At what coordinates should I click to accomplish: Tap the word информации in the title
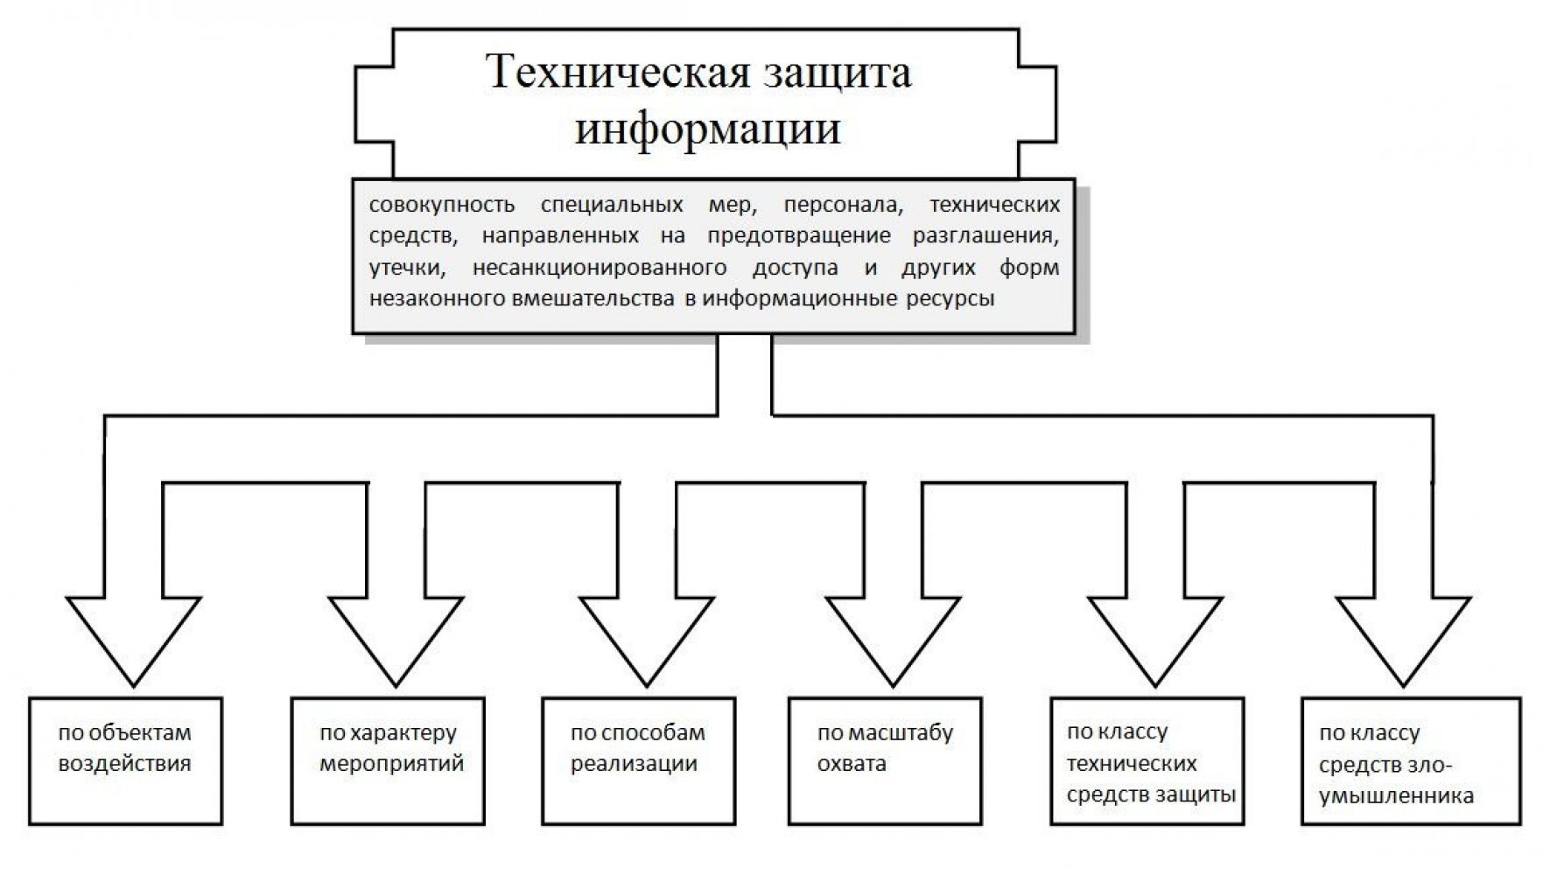[707, 129]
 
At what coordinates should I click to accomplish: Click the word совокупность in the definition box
[442, 206]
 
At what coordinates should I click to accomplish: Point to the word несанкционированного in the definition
[599, 268]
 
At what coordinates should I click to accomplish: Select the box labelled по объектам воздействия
[125, 760]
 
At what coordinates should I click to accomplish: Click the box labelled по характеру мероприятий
[388, 760]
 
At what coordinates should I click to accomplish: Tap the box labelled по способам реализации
[638, 760]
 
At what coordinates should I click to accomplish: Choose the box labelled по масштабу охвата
[885, 760]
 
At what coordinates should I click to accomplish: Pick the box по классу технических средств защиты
[1147, 760]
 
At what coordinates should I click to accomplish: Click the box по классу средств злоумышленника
[1411, 760]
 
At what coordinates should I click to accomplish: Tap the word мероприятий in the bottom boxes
[391, 764]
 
